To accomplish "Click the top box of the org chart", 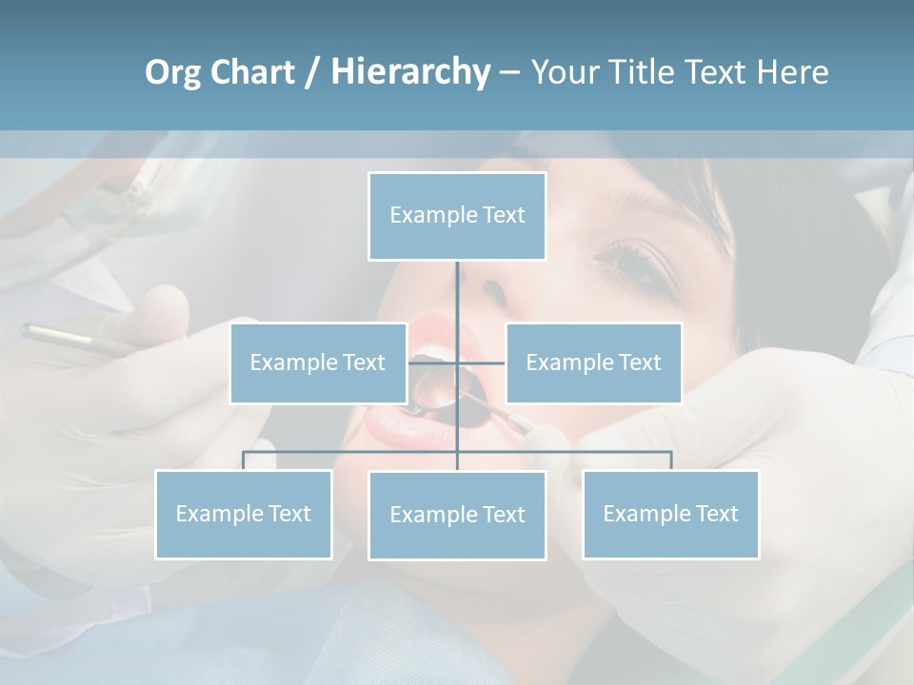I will [x=457, y=216].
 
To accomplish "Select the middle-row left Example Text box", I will [x=317, y=362].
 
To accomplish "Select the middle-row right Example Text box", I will [x=593, y=362].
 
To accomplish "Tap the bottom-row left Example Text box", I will [x=243, y=514].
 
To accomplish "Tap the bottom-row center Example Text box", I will [x=457, y=515].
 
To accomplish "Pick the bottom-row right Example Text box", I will [x=670, y=514].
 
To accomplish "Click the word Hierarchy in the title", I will [x=409, y=71].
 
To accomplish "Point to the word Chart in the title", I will [x=251, y=72].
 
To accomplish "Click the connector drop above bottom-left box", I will [x=244, y=460].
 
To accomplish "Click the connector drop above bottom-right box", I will [x=671, y=460].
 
